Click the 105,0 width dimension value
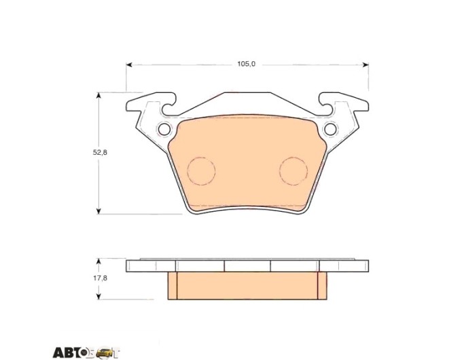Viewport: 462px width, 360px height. tap(247, 64)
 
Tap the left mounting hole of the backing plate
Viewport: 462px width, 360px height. tap(164, 129)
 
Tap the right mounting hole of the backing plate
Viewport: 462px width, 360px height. tap(330, 129)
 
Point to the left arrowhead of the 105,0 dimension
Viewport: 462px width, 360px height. tap(129, 65)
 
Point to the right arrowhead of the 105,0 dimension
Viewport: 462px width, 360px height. tap(366, 65)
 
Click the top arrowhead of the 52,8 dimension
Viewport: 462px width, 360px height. tap(99, 96)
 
